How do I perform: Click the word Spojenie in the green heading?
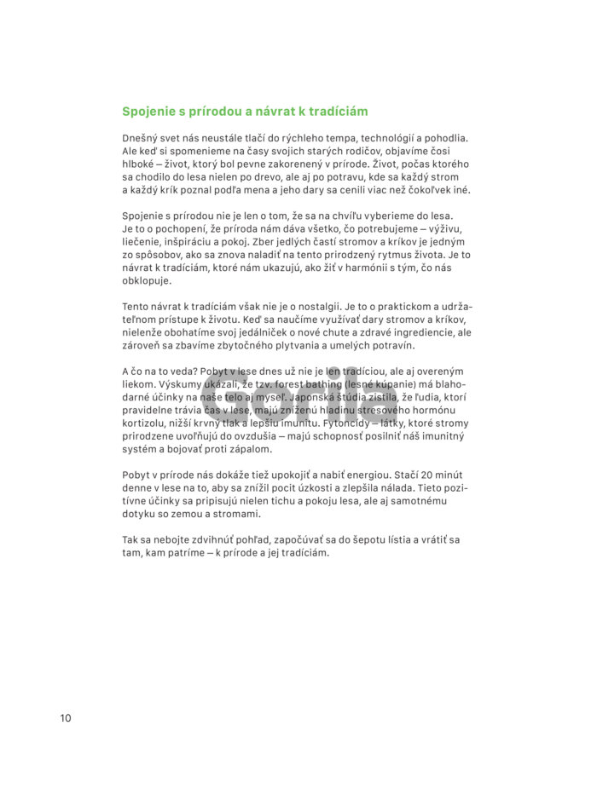[148, 112]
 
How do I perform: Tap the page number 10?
[66, 717]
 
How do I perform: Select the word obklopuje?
[147, 280]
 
